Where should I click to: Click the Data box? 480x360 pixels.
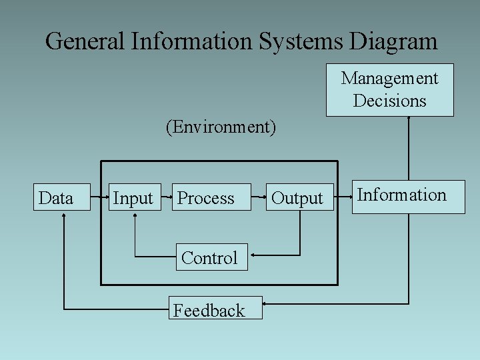click(x=62, y=197)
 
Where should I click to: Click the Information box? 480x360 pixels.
click(x=408, y=197)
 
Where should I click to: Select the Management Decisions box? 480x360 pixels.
click(x=389, y=90)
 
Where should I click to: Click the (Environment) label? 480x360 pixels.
click(x=221, y=127)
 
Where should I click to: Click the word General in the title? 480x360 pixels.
click(x=85, y=41)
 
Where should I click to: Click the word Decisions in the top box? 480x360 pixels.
click(x=389, y=101)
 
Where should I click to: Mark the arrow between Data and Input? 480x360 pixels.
click(x=100, y=198)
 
